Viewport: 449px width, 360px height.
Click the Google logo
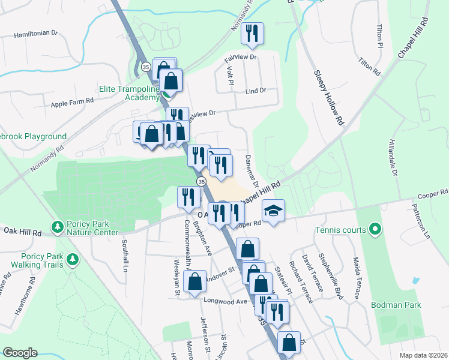20,353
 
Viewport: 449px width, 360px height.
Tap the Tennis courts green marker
375,229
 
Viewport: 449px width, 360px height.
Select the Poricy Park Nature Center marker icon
58,227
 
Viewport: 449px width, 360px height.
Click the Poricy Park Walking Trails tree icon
73,259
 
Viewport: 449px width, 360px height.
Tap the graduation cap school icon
273,211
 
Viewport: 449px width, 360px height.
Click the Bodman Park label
396,305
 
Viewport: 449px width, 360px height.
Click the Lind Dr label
255,91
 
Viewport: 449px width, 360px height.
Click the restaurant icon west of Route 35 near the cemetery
188,196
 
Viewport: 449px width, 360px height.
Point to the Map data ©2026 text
423,355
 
